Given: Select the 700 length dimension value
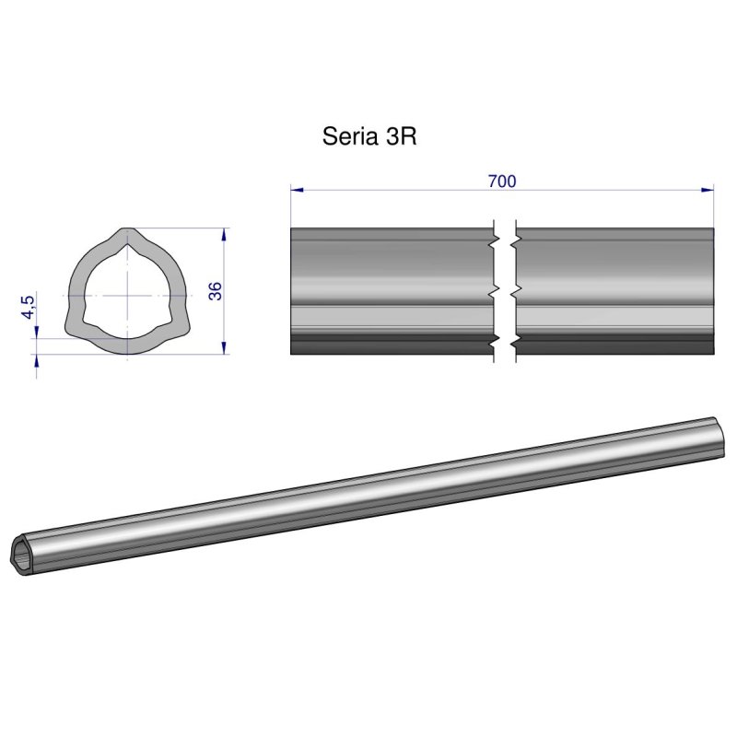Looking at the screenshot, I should [501, 181].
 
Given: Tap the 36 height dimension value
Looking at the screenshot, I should [216, 291].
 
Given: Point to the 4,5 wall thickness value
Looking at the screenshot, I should [29, 307].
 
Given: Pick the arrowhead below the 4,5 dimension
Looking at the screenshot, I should [37, 361].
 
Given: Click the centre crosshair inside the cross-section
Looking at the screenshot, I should [124, 295].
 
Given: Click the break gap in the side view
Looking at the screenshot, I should [505, 291].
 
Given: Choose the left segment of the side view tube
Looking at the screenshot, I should [392, 291].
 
